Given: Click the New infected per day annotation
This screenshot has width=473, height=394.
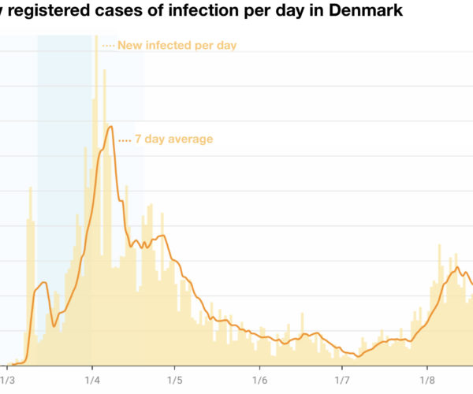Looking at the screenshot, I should click(177, 45).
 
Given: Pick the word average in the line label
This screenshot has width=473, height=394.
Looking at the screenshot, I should click(192, 139).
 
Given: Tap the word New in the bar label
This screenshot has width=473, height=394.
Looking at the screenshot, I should click(129, 45).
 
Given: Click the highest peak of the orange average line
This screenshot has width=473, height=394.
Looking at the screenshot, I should click(110, 126).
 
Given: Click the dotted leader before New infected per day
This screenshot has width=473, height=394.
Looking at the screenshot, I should click(108, 45).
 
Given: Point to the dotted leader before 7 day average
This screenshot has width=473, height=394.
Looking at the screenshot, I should click(124, 139).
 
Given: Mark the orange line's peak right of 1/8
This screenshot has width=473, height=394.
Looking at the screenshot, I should click(457, 268).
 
